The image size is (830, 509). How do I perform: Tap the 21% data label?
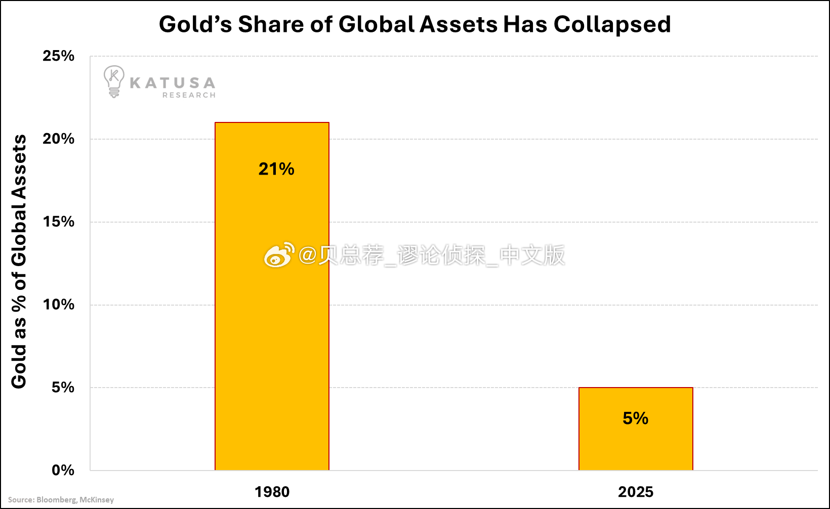point(276,169)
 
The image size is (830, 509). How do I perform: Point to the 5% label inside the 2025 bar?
point(635,418)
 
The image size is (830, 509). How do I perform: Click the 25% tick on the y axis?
point(59,56)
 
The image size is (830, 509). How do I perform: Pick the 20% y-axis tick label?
point(59,139)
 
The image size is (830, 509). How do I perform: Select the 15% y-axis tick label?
point(59,222)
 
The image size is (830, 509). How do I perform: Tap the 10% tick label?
point(59,305)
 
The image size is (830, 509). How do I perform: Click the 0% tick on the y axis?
point(63,471)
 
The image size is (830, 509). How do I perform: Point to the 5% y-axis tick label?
point(63,388)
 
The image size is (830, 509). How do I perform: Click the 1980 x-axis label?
point(272,492)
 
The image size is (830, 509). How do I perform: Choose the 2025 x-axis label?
point(636,492)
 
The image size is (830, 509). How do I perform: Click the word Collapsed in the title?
point(612,24)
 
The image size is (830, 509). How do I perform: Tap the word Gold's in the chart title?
point(195,24)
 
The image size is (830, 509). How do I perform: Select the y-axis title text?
point(19,262)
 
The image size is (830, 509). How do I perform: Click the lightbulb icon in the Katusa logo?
point(113,81)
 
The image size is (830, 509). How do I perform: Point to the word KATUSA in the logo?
point(173,83)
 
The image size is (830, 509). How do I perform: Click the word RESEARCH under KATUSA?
point(189,95)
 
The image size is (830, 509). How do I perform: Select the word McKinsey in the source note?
point(97,500)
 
